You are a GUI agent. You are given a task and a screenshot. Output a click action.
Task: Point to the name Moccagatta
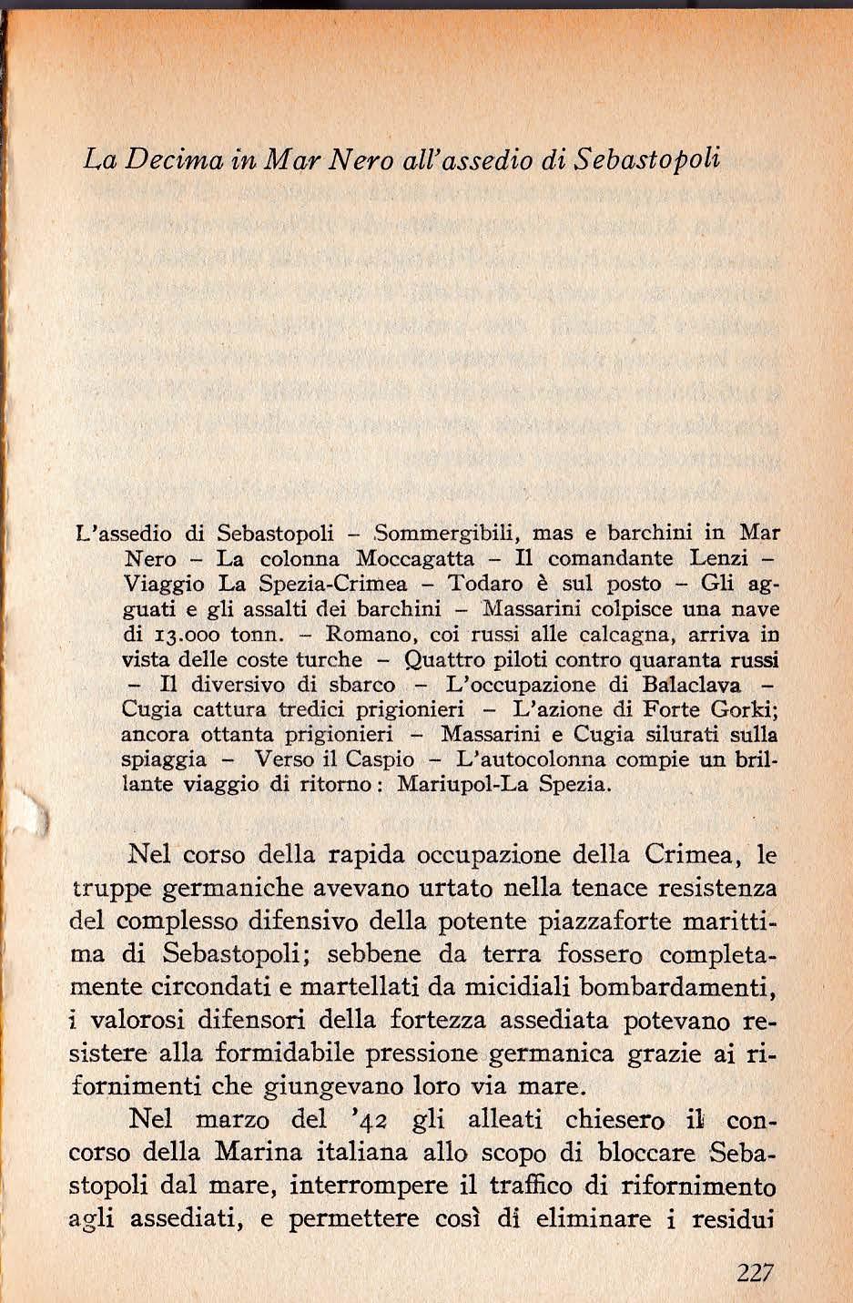[x=416, y=557]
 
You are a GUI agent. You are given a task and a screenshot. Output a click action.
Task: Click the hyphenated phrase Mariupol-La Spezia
[x=504, y=784]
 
